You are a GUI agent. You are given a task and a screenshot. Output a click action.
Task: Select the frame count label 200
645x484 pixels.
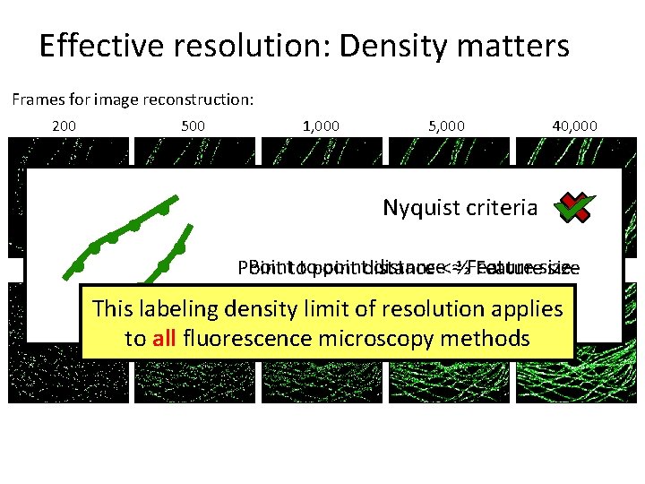tap(64, 125)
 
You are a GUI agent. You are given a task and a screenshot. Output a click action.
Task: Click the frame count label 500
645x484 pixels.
tap(193, 125)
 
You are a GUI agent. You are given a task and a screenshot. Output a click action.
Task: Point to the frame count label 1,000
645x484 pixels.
tap(322, 125)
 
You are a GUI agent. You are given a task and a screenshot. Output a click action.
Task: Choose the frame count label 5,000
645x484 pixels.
tap(447, 125)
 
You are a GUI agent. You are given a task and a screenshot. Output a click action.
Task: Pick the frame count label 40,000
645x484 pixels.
tap(576, 125)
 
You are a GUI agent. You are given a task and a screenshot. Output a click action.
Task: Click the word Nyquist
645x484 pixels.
tap(419, 208)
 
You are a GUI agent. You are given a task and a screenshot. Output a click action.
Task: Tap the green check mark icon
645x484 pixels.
tap(575, 209)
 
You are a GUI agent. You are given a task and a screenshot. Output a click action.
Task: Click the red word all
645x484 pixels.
tap(163, 339)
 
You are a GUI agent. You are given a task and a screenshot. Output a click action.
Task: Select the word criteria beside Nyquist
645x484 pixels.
tap(500, 208)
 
